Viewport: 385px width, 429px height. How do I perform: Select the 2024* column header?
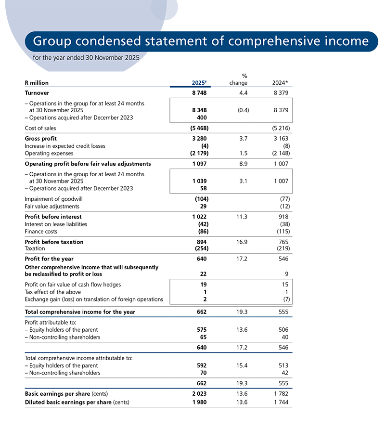[x=280, y=83]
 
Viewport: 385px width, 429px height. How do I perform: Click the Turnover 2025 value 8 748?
[x=200, y=93]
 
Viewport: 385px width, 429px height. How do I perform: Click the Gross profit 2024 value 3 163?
[x=280, y=139]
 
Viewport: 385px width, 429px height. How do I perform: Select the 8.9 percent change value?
[x=243, y=164]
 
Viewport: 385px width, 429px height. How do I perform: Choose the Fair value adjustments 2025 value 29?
[x=204, y=206]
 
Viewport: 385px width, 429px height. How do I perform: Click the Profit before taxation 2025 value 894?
[x=202, y=242]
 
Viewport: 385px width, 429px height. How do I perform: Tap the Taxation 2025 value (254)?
[x=199, y=248]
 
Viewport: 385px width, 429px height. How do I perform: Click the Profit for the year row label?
[x=49, y=259]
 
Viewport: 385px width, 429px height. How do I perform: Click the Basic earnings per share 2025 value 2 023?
[x=200, y=394]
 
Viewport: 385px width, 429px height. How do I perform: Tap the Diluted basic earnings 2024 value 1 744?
[x=280, y=402]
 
